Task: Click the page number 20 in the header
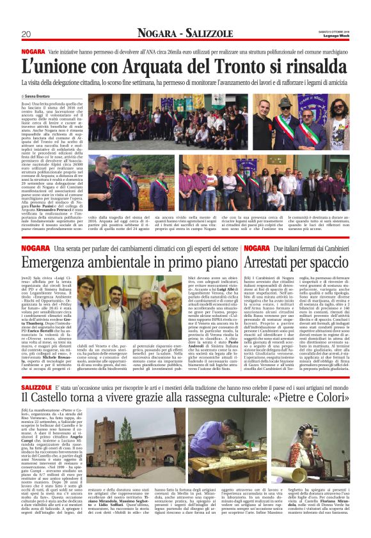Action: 26,34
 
